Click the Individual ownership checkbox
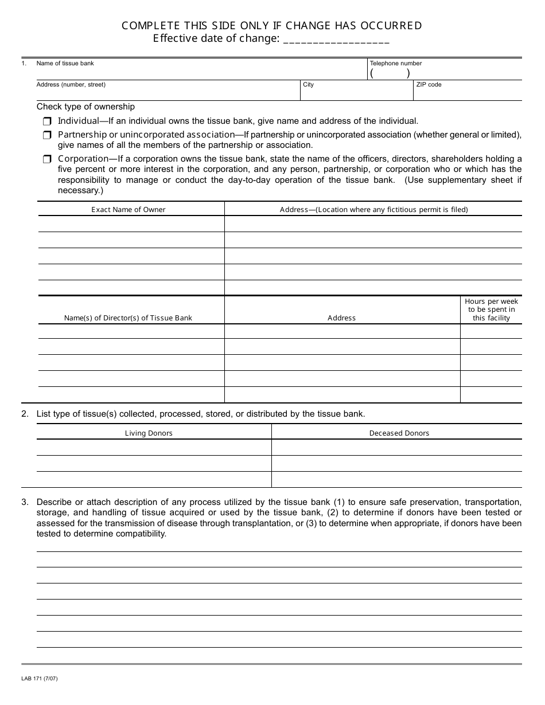(47, 122)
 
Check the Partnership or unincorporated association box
(47, 135)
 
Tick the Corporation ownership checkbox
(47, 159)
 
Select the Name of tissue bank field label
(65, 63)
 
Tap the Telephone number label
(395, 63)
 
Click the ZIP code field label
(429, 85)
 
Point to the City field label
(308, 85)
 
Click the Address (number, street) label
(71, 85)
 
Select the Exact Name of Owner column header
(128, 210)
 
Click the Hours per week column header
(491, 310)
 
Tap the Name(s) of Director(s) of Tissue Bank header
(128, 318)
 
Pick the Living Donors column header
(149, 433)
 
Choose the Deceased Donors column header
(399, 433)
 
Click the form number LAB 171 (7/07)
(40, 679)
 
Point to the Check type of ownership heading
(85, 107)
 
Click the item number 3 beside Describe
(25, 502)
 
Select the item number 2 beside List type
(25, 414)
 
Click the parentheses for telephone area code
(390, 73)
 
